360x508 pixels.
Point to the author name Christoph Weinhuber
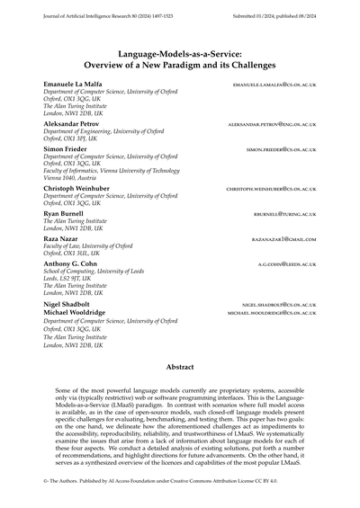click(79, 189)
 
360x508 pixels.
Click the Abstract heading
click(180, 368)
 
